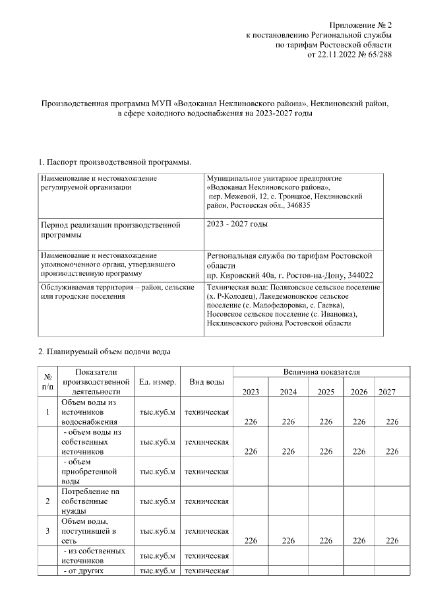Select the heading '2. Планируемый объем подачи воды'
click(105, 350)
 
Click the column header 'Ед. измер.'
click(157, 382)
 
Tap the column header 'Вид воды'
click(206, 382)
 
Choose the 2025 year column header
click(326, 392)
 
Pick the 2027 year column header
click(387, 392)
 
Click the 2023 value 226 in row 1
click(251, 422)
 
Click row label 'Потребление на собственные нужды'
click(90, 501)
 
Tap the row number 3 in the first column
click(47, 530)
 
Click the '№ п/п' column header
click(47, 382)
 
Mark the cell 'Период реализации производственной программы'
click(110, 230)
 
